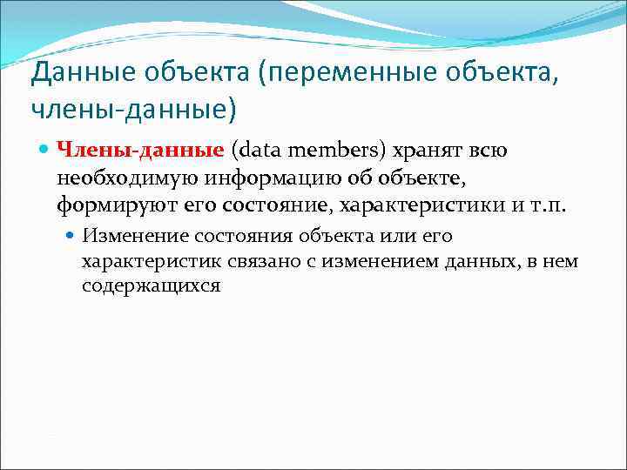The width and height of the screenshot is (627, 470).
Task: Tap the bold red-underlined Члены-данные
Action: [x=140, y=151]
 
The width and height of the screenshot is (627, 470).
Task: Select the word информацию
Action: [x=256, y=179]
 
